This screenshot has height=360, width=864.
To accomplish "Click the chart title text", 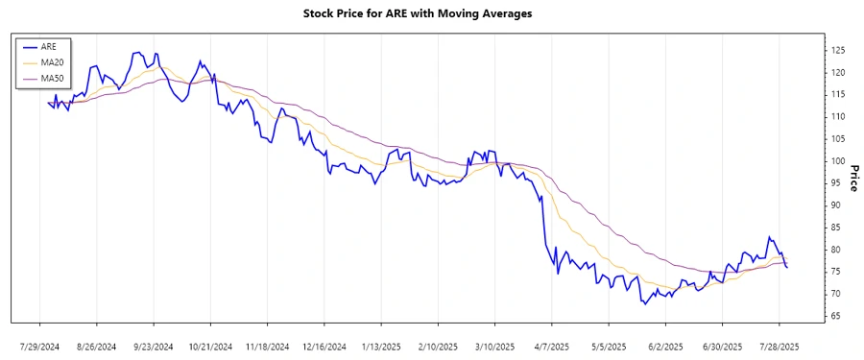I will coord(431,13).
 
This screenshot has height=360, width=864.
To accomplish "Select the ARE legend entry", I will coord(49,46).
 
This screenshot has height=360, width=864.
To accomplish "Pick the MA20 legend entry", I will coord(51,62).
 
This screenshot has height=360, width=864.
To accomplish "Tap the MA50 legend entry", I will coord(51,79).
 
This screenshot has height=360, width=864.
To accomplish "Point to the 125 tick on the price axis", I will coord(838,50).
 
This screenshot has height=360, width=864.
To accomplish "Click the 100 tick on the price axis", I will coord(838,160).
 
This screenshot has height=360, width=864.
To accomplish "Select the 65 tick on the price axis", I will coord(836,316).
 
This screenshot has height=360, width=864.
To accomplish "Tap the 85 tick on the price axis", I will coord(836,228).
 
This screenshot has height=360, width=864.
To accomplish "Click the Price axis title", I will coord(853,178).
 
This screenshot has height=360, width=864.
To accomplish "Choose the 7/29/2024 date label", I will coord(39,345).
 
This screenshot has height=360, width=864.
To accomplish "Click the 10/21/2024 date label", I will coord(210,345).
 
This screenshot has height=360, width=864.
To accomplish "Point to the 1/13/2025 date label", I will coord(381,345).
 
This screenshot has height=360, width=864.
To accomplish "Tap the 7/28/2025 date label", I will coord(780,345).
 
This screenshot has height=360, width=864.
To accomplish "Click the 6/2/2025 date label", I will coord(665,345).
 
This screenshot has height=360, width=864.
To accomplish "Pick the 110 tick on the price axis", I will coord(838,116).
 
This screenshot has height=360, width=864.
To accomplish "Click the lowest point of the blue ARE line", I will coord(646,303).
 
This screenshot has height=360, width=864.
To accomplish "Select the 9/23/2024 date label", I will coord(154,345).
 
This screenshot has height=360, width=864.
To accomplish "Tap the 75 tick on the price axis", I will coord(836,272).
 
